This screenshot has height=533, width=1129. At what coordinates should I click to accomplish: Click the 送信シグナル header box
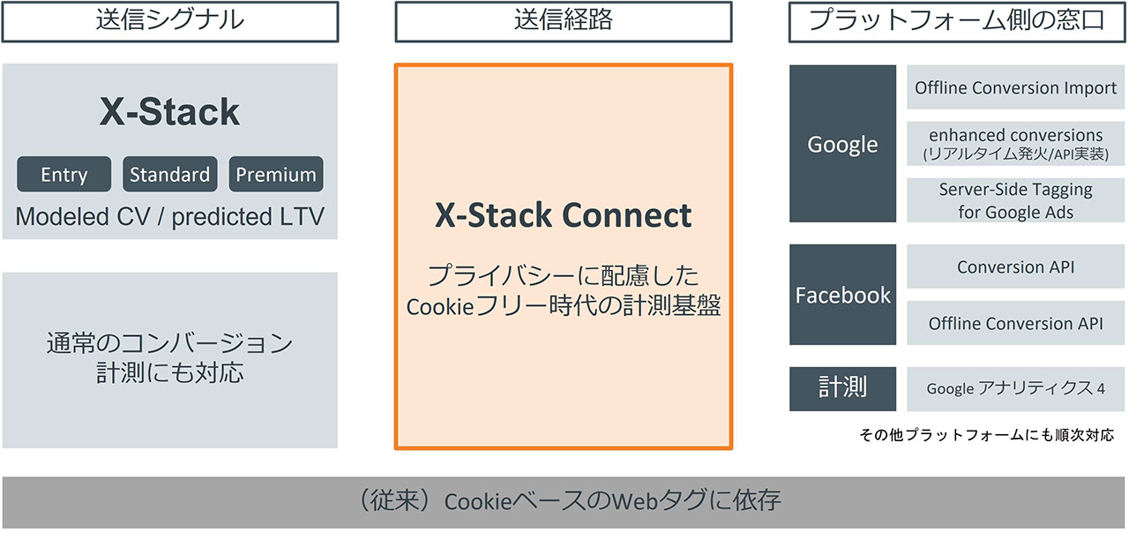click(169, 21)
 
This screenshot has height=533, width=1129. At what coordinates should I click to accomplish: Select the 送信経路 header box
click(563, 21)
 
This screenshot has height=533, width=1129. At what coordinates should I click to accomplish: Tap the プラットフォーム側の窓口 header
click(956, 21)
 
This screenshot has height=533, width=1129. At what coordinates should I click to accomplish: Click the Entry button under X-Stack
click(64, 175)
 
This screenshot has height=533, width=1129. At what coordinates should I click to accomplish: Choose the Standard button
click(169, 175)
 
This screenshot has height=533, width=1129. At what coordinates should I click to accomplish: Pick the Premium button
click(276, 175)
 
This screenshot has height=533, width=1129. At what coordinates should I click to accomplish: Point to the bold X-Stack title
click(169, 112)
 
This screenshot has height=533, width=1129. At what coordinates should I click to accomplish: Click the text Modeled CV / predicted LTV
click(169, 216)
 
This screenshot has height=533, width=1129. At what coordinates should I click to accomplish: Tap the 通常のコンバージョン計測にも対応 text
click(169, 357)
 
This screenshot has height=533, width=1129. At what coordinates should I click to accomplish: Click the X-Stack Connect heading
click(563, 216)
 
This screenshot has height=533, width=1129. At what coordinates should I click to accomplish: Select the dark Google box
click(842, 144)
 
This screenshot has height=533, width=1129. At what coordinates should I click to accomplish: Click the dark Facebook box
click(842, 295)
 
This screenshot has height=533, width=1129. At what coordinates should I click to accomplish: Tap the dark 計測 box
click(842, 388)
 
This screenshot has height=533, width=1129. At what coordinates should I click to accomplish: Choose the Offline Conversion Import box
click(1015, 87)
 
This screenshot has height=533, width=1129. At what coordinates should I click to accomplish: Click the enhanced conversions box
click(1015, 144)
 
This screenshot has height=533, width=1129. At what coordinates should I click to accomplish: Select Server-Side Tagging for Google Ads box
click(1015, 200)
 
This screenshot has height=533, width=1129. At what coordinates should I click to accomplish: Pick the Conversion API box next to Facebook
click(1015, 266)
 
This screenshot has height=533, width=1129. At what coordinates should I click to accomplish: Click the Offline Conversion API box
click(1015, 324)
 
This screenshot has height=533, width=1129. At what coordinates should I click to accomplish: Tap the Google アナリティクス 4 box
click(1015, 388)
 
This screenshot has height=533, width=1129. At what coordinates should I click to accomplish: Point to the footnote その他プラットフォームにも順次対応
click(986, 435)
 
